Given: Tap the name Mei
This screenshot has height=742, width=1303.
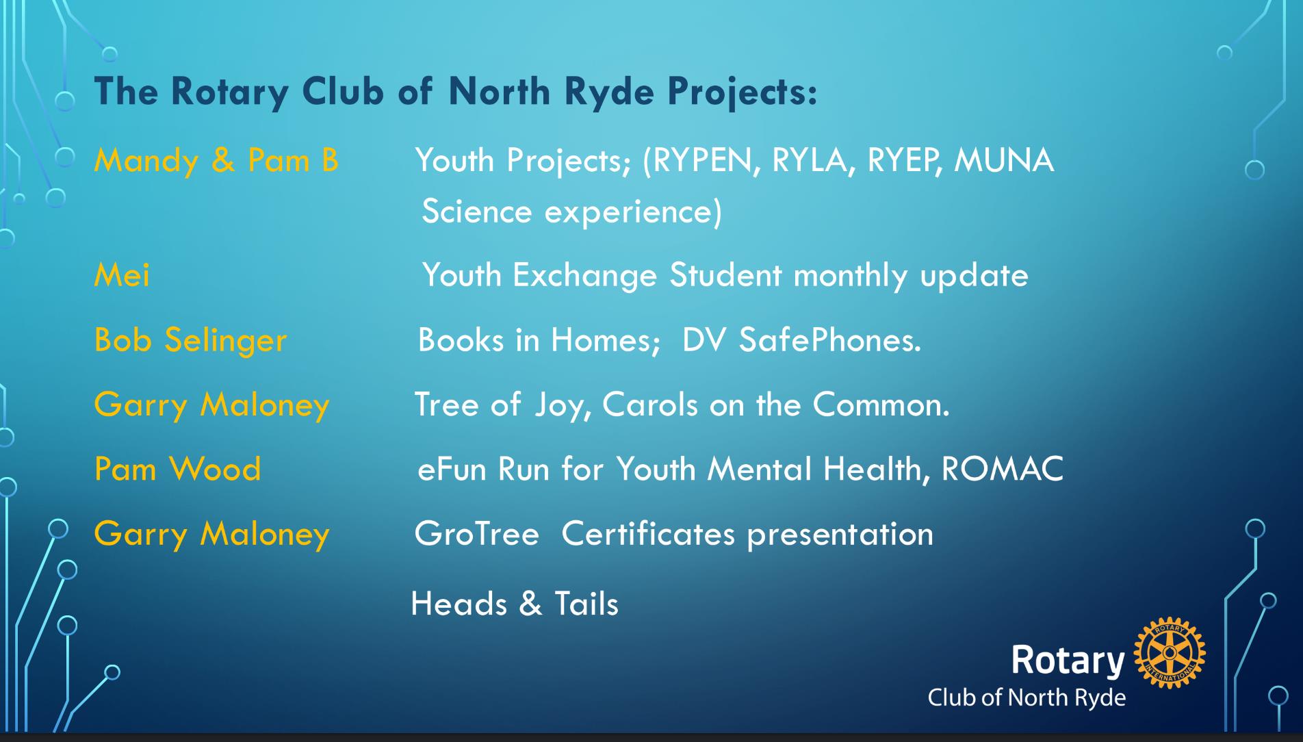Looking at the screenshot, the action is pyautogui.click(x=122, y=275).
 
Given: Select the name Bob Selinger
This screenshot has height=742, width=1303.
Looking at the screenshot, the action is pyautogui.click(x=190, y=340).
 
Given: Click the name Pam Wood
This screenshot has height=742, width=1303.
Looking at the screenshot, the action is pyautogui.click(x=177, y=469).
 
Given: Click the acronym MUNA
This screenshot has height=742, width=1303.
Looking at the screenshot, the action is pyautogui.click(x=1004, y=161).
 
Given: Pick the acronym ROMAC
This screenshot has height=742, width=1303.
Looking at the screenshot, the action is pyautogui.click(x=1003, y=469).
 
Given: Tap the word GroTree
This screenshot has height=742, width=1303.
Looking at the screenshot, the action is pyautogui.click(x=476, y=534).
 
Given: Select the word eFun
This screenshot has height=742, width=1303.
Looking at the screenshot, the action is pyautogui.click(x=452, y=469).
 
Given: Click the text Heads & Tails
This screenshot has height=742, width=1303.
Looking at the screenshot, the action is pyautogui.click(x=515, y=604).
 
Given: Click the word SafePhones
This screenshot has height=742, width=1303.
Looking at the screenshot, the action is pyautogui.click(x=830, y=340).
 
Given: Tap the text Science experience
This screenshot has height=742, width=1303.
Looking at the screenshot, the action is pyautogui.click(x=571, y=212).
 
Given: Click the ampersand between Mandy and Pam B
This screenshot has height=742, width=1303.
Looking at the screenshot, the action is pyautogui.click(x=223, y=161).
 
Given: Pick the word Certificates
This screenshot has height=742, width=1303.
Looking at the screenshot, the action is pyautogui.click(x=648, y=534).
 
